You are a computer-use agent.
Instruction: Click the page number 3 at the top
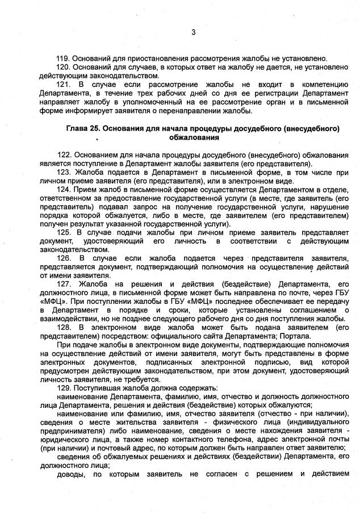coord(193,32)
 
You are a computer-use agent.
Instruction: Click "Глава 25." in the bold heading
coord(82,128)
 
